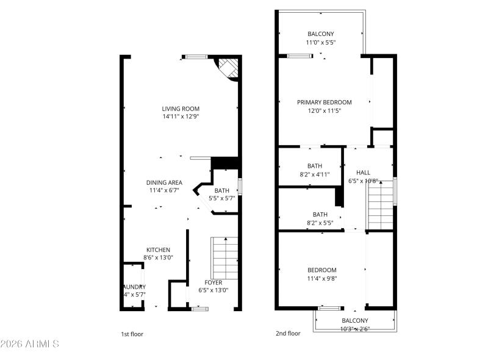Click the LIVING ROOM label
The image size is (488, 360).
click(x=181, y=109)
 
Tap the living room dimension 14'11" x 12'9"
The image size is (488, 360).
click(x=181, y=117)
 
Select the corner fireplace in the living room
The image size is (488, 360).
click(x=227, y=68)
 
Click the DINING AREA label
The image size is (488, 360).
click(x=164, y=182)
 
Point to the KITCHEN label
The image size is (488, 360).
click(x=158, y=250)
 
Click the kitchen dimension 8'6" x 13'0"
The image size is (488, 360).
click(x=158, y=257)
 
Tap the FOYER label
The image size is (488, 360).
click(x=213, y=283)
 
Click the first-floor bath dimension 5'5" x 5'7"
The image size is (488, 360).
click(x=221, y=198)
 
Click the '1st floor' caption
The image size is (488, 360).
click(x=132, y=334)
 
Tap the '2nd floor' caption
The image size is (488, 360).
click(x=287, y=334)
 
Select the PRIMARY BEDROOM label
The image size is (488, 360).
click(x=324, y=103)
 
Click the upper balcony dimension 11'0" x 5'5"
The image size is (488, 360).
click(x=321, y=43)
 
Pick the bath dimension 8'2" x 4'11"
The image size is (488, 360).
click(x=315, y=174)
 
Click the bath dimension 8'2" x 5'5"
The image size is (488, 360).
click(x=320, y=223)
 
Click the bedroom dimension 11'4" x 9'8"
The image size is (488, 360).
click(x=321, y=278)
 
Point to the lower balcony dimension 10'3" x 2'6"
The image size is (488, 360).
click(x=354, y=329)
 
